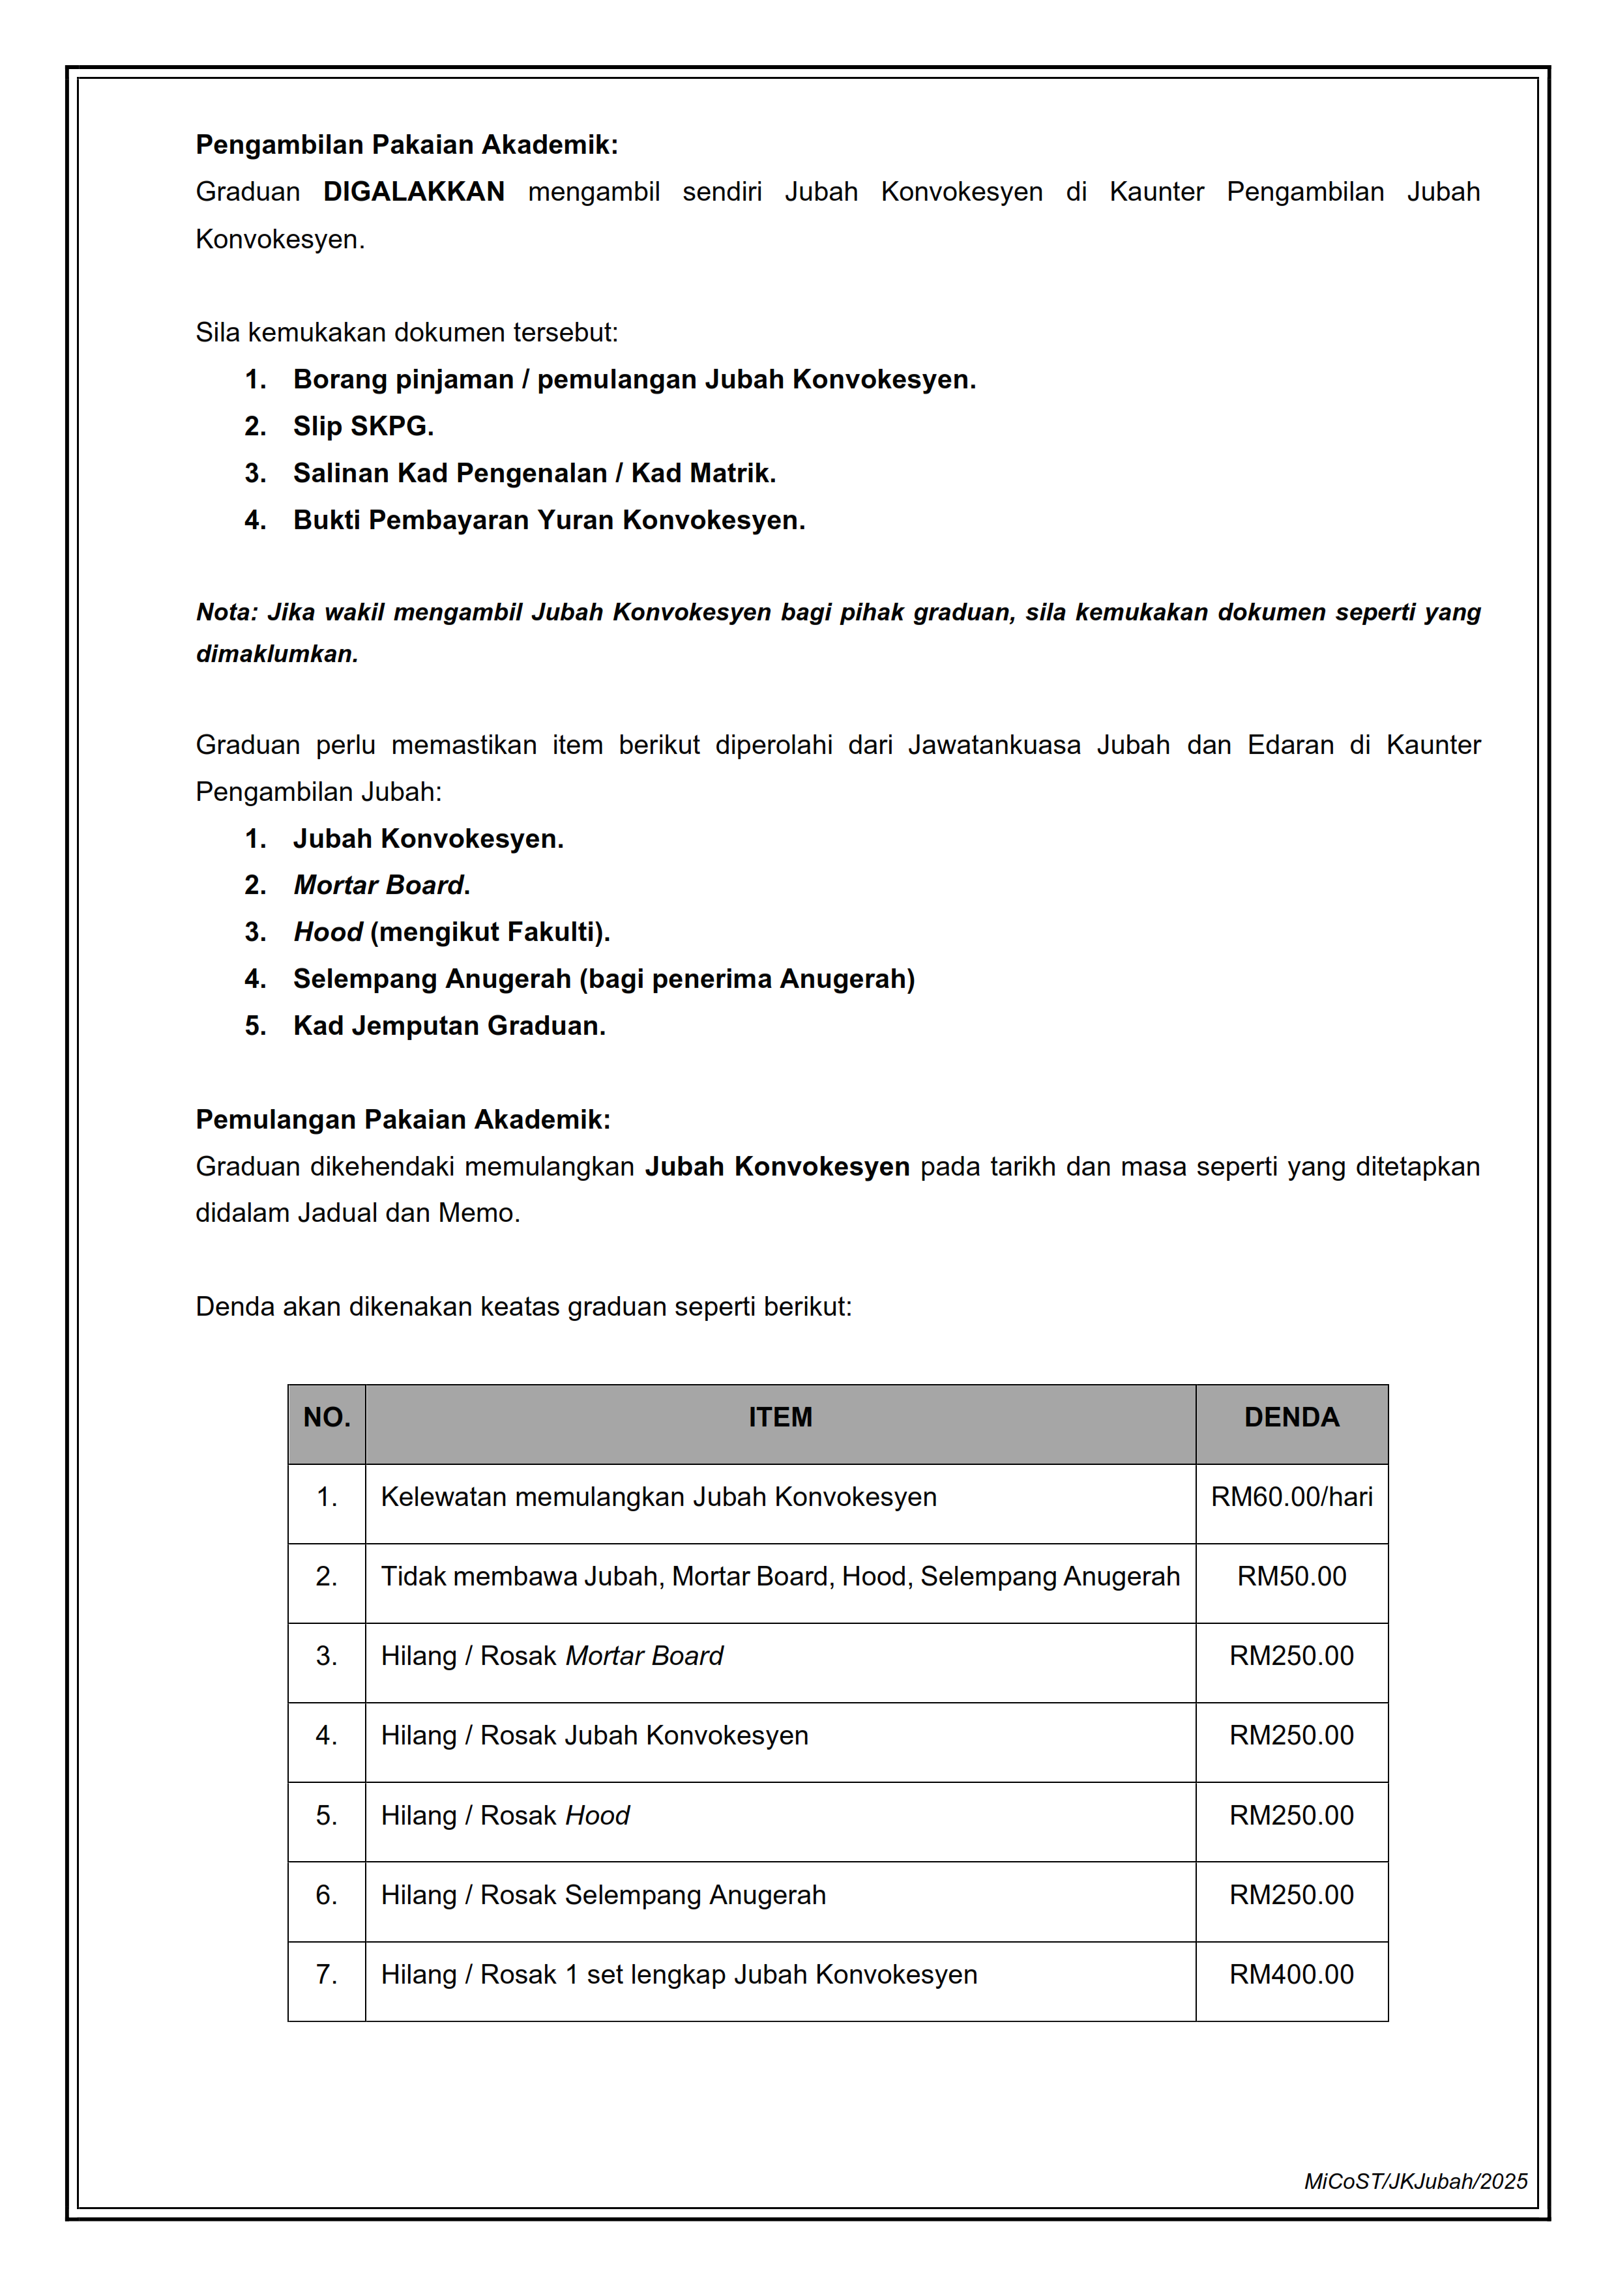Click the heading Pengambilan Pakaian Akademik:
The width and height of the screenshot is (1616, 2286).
pyautogui.click(x=406, y=145)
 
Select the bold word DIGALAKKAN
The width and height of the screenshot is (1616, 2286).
pyautogui.click(x=413, y=192)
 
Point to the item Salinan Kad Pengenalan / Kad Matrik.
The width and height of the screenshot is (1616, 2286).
pyautogui.click(x=534, y=473)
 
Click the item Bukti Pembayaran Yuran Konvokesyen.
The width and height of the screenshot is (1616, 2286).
pyautogui.click(x=549, y=520)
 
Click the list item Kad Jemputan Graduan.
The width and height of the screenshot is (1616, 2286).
pyautogui.click(x=449, y=1026)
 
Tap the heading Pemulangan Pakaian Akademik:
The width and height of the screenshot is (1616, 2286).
pyautogui.click(x=402, y=1120)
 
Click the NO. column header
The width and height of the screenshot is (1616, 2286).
pyautogui.click(x=327, y=1418)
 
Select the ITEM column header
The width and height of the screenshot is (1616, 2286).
pyautogui.click(x=780, y=1418)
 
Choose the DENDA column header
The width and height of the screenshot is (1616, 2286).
pyautogui.click(x=1291, y=1418)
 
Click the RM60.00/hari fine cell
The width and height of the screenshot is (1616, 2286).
pyautogui.click(x=1291, y=1497)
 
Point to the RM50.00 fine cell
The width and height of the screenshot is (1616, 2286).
pyautogui.click(x=1291, y=1577)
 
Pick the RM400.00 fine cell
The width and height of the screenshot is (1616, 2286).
pyautogui.click(x=1291, y=1975)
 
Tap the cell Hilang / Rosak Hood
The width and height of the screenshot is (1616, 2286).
pyautogui.click(x=505, y=1816)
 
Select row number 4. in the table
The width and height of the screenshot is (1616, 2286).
pyautogui.click(x=327, y=1737)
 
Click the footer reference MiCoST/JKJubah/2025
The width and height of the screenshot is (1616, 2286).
pyautogui.click(x=1415, y=2182)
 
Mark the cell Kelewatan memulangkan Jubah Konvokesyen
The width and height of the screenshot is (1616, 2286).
pyautogui.click(x=658, y=1497)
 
